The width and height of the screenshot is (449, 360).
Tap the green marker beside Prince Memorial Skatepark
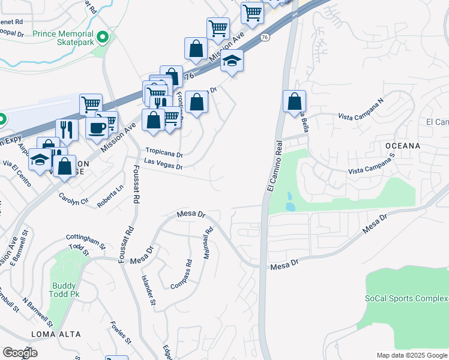(x=103, y=38)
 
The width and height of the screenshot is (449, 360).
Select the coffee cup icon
(x=97, y=127)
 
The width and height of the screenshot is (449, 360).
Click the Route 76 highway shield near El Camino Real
(x=265, y=37)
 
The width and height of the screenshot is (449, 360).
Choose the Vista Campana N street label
(x=360, y=112)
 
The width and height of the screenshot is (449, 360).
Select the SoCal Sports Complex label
(x=406, y=298)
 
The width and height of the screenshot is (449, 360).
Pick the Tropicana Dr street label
(x=164, y=153)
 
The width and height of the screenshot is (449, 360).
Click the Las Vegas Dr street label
(x=164, y=164)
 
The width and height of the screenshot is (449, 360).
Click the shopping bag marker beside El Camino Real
(x=294, y=101)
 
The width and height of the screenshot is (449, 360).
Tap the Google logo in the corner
(x=20, y=353)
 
